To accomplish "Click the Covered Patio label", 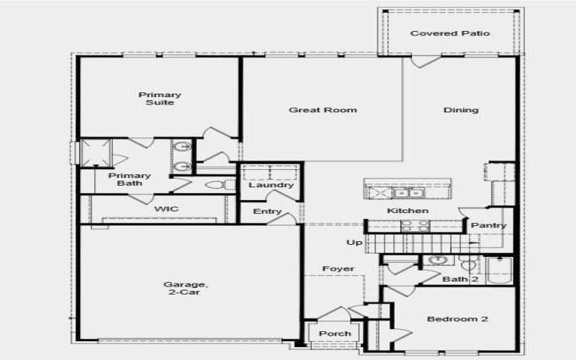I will pos(450,34).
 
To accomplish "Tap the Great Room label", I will pos(323,110).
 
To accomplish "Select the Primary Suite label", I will pos(160,99).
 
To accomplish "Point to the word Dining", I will pos(461,110).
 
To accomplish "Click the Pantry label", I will pos(489,225).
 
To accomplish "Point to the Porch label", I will pos(335,333).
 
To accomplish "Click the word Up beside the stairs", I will pos(354,243).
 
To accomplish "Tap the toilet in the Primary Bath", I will pos(215,185).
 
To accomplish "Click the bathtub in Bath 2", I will pos(499,271).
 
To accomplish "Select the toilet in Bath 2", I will pos(468,264).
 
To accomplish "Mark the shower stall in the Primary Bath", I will pos(96,153).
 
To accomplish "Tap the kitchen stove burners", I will pos(415,225).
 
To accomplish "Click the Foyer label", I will pos(338,269).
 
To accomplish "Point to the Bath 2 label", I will pos(461,279).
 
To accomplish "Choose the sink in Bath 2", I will pos(437,260).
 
